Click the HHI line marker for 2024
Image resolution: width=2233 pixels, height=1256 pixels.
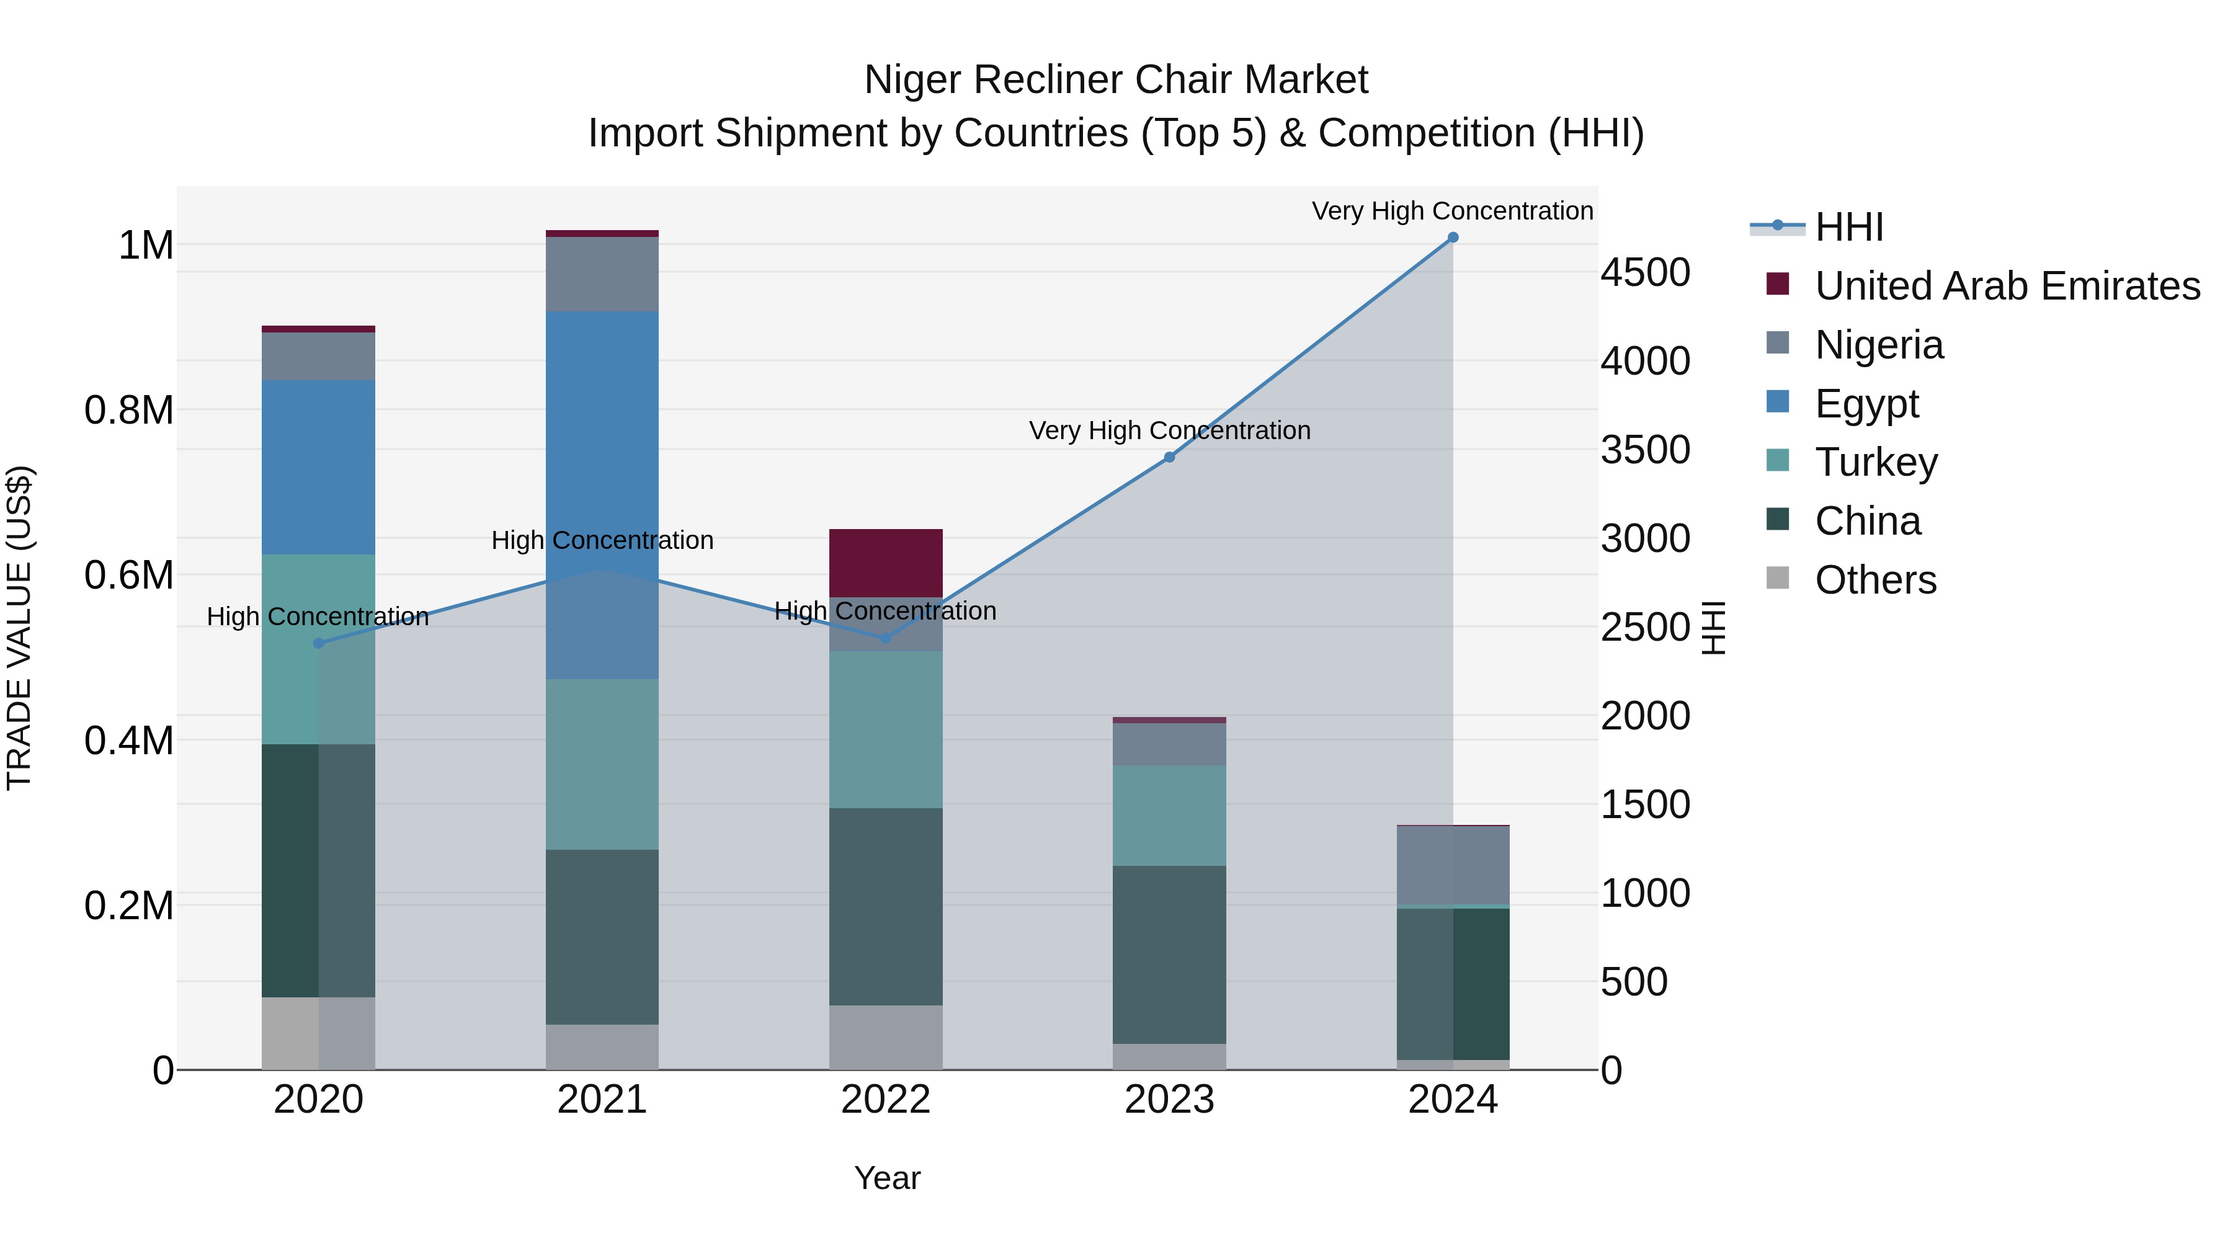1453,238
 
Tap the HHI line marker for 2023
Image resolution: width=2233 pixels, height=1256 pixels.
1169,457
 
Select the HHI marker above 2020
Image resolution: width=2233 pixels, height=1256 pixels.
318,643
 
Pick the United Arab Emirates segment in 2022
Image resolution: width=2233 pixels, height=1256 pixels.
886,563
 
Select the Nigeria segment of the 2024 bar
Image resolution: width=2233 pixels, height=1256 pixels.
1453,865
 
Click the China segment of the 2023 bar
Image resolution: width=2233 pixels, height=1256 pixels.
1169,953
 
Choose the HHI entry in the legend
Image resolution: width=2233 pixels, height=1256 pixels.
1849,227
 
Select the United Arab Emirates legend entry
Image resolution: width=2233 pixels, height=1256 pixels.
2007,286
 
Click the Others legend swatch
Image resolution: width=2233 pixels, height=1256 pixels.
1778,578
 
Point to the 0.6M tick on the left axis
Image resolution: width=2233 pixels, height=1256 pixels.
129,576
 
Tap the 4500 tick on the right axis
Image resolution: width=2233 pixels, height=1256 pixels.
1644,272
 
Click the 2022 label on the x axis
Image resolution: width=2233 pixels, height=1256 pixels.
886,1100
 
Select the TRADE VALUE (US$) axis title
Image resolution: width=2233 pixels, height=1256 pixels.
19,628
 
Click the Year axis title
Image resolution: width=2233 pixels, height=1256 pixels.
887,1178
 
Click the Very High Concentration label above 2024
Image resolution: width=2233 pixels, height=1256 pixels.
1452,211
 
